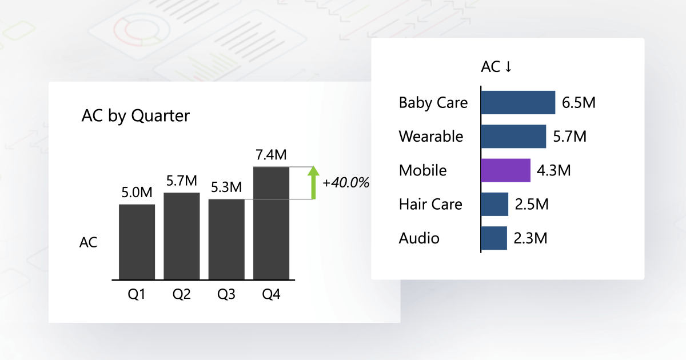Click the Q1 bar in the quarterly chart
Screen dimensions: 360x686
pos(137,242)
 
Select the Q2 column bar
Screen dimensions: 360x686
pos(181,236)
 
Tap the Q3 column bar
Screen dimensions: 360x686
pos(226,239)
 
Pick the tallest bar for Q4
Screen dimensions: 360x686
pos(271,223)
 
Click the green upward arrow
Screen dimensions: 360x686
pos(312,182)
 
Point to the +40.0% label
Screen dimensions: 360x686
pos(346,183)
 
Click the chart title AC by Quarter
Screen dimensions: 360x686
pos(135,116)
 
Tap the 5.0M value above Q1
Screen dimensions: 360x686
pos(137,193)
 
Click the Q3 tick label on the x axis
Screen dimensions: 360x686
pos(226,295)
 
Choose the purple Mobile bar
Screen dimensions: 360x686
pos(505,170)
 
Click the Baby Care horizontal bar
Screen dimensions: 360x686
pos(517,102)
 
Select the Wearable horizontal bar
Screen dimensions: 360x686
pos(513,137)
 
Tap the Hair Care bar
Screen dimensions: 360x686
pos(494,204)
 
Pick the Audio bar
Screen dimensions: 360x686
pos(494,238)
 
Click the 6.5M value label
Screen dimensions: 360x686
pos(579,103)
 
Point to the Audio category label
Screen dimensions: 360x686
pos(419,238)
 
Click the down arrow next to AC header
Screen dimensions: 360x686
pos(508,67)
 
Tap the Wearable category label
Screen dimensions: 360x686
pos(431,137)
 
